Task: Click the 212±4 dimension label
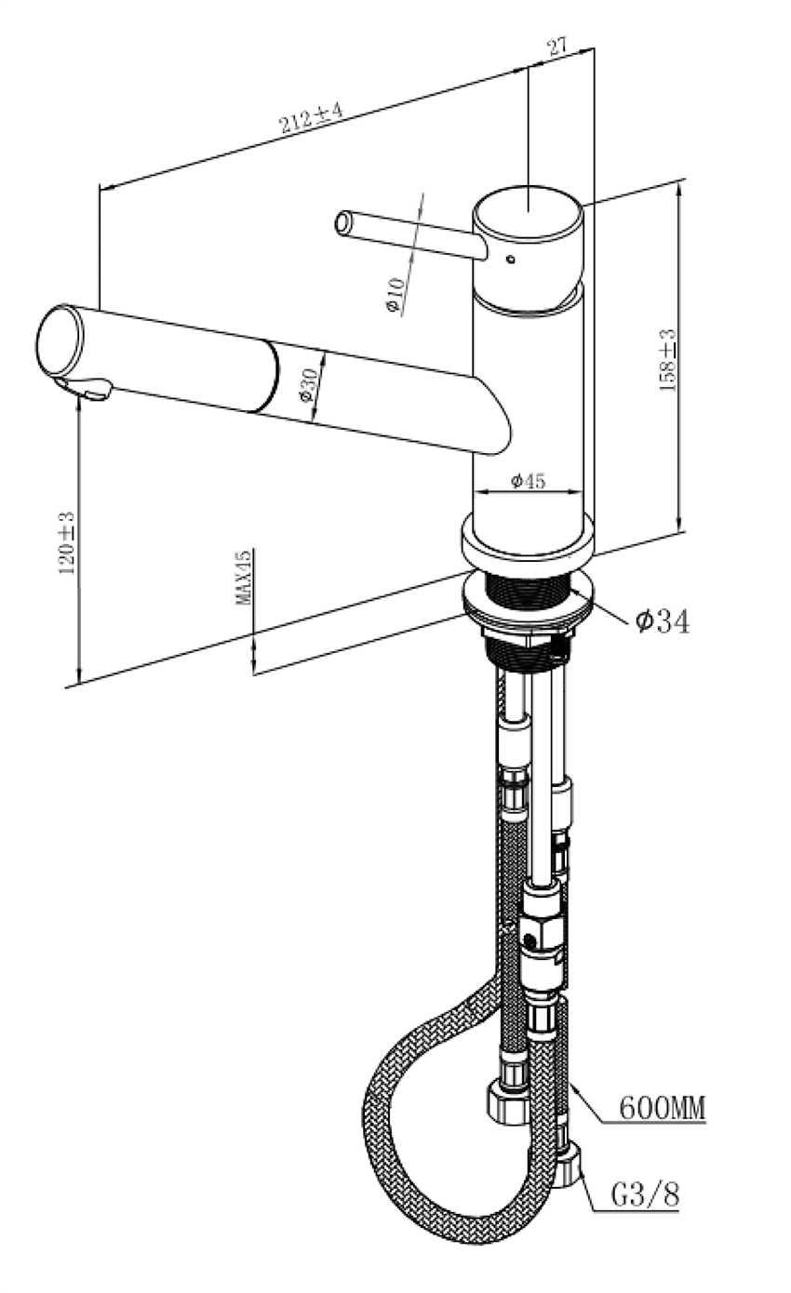[x=311, y=119]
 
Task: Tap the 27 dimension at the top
[x=557, y=48]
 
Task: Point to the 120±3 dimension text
[x=67, y=542]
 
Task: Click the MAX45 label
[x=244, y=577]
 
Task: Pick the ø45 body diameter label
[x=528, y=480]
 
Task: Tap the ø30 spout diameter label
[x=309, y=383]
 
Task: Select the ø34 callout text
[x=663, y=621]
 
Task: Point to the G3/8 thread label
[x=645, y=1194]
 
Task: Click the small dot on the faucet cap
[x=510, y=260]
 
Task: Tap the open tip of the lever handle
[x=343, y=223]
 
